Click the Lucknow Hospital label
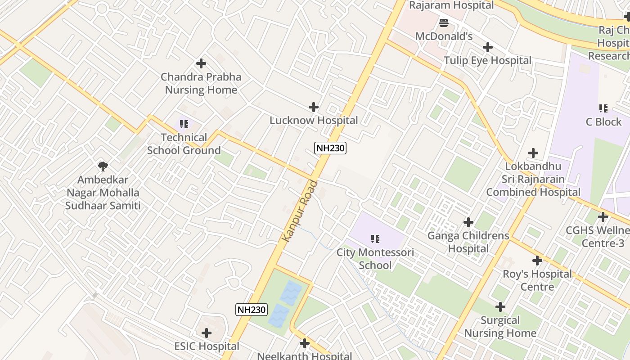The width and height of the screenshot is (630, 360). [x=314, y=121]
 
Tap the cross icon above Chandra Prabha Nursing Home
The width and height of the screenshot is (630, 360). [x=201, y=63]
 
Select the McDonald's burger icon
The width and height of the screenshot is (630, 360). [x=444, y=22]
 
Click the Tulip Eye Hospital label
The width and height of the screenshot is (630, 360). [x=487, y=60]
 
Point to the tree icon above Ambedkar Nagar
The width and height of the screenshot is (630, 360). [x=103, y=166]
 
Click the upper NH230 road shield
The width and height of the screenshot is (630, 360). [x=330, y=148]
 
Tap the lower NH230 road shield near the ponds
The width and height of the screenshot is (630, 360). [x=252, y=310]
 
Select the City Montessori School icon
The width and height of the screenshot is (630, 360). [x=375, y=238]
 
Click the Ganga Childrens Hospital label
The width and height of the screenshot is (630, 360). [x=468, y=242]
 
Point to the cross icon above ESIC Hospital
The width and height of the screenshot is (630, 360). [x=207, y=333]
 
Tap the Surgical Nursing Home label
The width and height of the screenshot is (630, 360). [x=500, y=327]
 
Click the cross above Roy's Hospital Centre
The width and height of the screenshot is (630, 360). [x=537, y=260]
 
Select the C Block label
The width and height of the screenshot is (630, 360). [x=603, y=122]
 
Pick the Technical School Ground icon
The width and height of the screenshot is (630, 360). [x=184, y=124]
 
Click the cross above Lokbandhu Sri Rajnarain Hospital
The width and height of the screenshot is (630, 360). [x=533, y=153]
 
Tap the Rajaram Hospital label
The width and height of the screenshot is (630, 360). [x=451, y=5]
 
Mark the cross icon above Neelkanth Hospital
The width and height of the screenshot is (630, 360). [x=305, y=343]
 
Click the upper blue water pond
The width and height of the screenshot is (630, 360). [x=291, y=293]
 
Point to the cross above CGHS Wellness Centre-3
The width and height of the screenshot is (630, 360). [x=603, y=217]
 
